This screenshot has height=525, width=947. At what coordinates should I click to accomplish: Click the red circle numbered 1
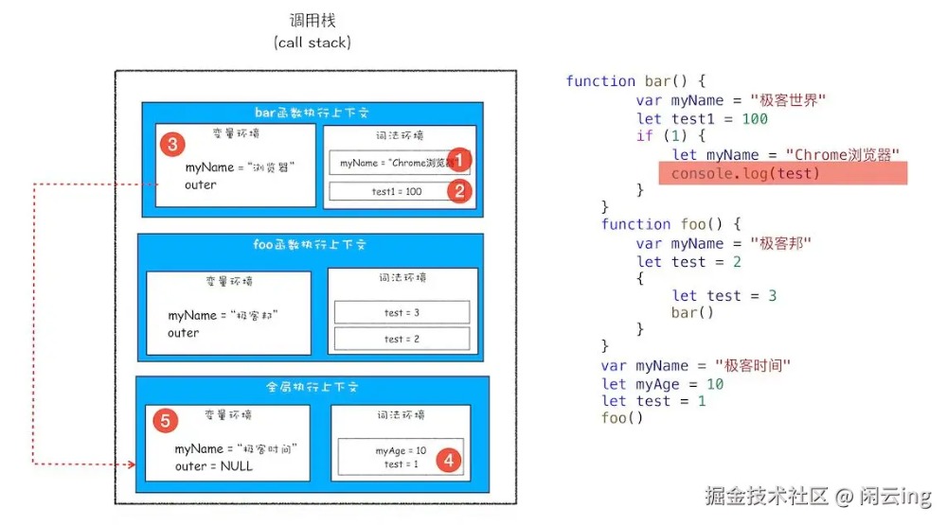[x=458, y=159]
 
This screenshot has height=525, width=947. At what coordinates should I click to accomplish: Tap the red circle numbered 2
[x=458, y=191]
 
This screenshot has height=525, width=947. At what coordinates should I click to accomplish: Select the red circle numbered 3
[x=171, y=144]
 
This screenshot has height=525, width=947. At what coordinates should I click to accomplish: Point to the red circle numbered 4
[x=448, y=461]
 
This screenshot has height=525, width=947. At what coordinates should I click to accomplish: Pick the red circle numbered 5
[x=165, y=421]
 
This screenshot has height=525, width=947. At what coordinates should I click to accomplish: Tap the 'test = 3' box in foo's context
[x=402, y=312]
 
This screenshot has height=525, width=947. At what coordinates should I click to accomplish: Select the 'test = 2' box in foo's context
[x=402, y=339]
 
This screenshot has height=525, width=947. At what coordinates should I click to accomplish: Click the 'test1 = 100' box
[x=396, y=191]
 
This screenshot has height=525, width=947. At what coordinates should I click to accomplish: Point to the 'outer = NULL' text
[x=214, y=466]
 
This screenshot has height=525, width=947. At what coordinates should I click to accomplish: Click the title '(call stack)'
[x=312, y=43]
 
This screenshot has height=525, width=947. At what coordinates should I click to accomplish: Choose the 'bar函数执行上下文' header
[x=312, y=113]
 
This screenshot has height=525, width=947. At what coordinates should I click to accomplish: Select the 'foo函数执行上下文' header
[x=312, y=245]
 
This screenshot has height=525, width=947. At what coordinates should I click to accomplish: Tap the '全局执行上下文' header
[x=312, y=387]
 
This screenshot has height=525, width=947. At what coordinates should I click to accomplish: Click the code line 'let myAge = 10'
[x=663, y=383]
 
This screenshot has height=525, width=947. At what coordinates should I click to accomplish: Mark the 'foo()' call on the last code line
[x=622, y=418]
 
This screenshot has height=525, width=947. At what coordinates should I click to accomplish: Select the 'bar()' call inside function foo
[x=692, y=312]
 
